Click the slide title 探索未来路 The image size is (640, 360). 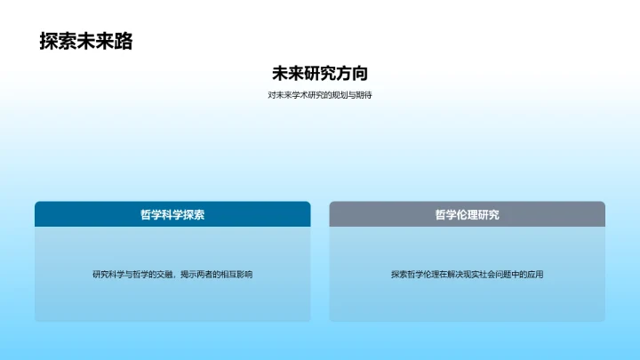(x=85, y=41)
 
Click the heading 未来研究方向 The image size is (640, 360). (x=319, y=74)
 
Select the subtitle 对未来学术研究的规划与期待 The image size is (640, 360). (x=319, y=95)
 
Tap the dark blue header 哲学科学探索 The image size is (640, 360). (x=172, y=214)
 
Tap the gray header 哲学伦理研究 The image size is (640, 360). (x=467, y=214)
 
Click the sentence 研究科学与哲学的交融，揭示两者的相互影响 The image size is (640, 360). (x=172, y=275)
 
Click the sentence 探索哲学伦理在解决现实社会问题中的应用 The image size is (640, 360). (x=467, y=275)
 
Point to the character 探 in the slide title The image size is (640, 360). (x=49, y=41)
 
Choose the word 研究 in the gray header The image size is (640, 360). (x=488, y=214)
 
